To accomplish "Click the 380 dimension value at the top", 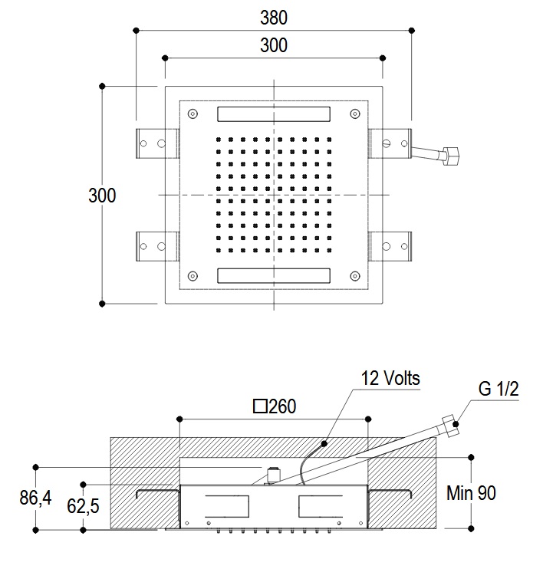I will tap(274, 18).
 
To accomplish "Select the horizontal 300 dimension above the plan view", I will tap(274, 45).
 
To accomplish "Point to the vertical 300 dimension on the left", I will tap(102, 195).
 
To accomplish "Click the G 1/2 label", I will tap(499, 390).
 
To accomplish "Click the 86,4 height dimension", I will tap(35, 498).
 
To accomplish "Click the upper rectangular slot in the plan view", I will tap(274, 114).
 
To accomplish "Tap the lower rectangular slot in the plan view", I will tap(274, 275).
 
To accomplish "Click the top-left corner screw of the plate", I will tap(193, 114).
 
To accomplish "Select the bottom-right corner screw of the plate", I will tap(354, 275).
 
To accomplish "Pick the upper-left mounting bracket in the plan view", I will tap(157, 143).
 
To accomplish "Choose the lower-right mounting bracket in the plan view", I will tap(390, 247).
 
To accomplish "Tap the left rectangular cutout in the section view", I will tap(227, 506).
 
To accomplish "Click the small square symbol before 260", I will tap(260, 407).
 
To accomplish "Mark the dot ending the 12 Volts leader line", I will tap(324, 443).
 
